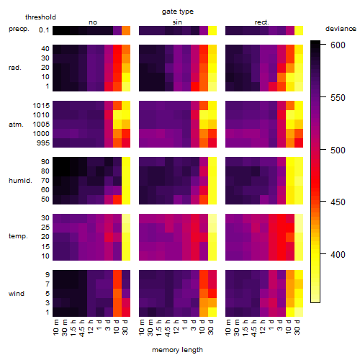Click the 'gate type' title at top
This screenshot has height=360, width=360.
178,12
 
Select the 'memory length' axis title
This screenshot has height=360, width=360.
177,350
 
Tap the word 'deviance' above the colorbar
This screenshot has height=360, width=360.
341,29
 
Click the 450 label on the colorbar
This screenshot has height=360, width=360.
338,202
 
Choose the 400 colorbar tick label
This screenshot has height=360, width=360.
338,254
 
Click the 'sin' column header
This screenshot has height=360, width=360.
177,22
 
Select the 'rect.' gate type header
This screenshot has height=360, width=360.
262,22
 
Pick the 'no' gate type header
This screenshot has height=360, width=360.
93,22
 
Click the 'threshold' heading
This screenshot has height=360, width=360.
40,17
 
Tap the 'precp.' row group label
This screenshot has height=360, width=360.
19,29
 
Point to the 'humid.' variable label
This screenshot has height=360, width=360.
20,181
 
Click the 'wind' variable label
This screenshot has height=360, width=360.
17,294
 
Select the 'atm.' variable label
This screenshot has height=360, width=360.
16,125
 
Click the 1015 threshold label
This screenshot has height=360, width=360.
41,106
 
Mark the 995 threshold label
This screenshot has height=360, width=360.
43,143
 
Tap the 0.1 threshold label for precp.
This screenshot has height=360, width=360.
44,30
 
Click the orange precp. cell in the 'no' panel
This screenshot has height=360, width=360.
126,30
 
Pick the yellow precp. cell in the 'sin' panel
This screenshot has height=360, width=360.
212,30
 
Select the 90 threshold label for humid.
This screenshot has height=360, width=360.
45,162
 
